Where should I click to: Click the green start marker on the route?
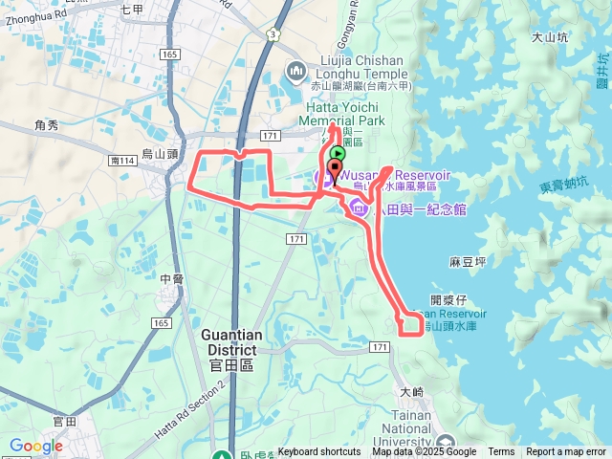tap(338, 153)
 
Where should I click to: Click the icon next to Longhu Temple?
tap(295, 71)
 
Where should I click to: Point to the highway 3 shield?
tap(273, 34)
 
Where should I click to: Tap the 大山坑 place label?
tap(550, 38)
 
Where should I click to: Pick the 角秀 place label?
tap(46, 125)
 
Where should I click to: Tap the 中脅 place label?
tap(172, 279)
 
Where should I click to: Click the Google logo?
tap(35, 446)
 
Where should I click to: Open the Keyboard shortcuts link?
tap(318, 452)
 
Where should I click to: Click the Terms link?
tap(501, 452)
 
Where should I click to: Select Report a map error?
tap(566, 452)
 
